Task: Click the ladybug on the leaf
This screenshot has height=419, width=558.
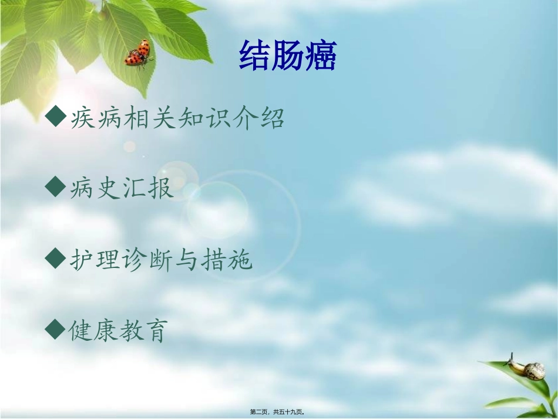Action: click(x=137, y=53)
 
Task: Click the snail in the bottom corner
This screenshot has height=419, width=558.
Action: click(x=526, y=368)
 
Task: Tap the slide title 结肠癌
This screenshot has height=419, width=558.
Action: click(x=287, y=56)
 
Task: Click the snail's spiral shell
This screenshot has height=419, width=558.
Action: click(x=535, y=370)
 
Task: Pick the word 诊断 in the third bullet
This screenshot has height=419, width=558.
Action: click(x=161, y=259)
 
